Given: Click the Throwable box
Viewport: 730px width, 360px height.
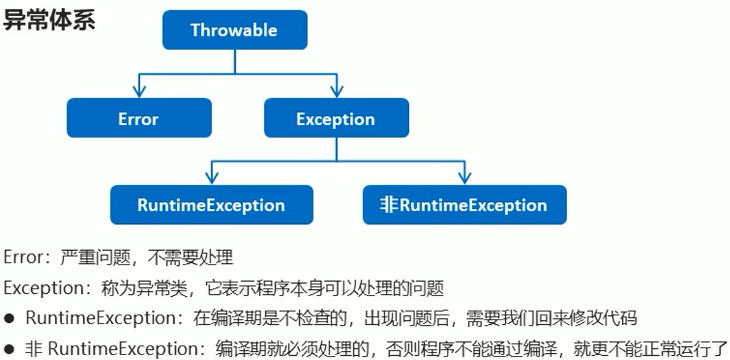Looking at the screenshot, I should tap(234, 30).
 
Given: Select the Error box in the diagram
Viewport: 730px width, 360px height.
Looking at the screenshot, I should tap(139, 118).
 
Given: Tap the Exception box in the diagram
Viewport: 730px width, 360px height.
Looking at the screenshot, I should tap(336, 118).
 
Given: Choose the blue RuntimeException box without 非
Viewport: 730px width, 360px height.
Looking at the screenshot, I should tap(211, 205).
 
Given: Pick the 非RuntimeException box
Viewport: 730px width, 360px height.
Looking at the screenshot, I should tap(465, 205).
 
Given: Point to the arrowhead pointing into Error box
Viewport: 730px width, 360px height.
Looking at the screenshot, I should tap(139, 91).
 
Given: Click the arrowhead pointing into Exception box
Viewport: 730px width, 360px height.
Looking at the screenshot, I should tap(336, 91).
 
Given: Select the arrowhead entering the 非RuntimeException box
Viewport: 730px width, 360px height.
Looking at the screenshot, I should tap(465, 178).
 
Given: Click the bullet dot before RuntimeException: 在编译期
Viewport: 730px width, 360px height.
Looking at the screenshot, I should tap(10, 319).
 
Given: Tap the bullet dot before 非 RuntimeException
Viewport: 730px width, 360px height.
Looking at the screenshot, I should tap(10, 349).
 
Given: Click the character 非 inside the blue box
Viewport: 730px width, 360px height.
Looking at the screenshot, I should tap(389, 205).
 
